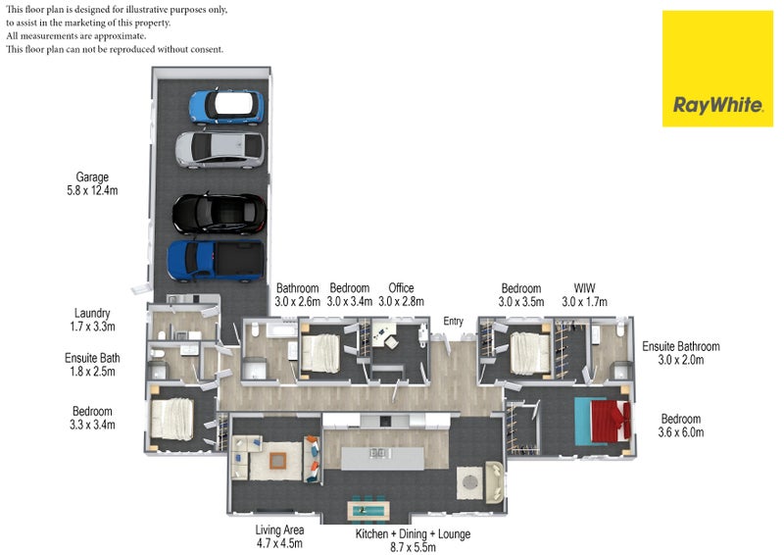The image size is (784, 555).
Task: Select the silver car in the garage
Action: pyautogui.click(x=220, y=147)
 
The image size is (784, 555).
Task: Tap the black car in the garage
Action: pyautogui.click(x=220, y=212)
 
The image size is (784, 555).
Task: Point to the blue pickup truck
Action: pyautogui.click(x=216, y=259)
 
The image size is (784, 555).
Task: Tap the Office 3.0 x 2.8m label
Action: pyautogui.click(x=401, y=295)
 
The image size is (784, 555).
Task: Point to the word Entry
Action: pyautogui.click(x=453, y=322)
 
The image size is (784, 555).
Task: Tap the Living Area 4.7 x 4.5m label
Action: pyautogui.click(x=278, y=535)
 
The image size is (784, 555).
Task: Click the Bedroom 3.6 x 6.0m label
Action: pyautogui.click(x=681, y=426)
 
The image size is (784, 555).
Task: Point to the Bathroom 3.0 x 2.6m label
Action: pyautogui.click(x=298, y=295)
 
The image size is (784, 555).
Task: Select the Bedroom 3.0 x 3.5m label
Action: pyautogui.click(x=520, y=295)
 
